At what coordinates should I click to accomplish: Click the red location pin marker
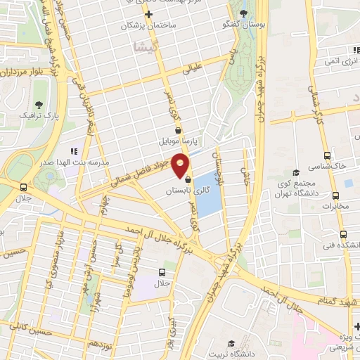pos(181,165)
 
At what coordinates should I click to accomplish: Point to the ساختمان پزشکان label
pos(148,25)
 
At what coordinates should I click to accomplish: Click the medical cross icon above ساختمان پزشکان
pos(148,14)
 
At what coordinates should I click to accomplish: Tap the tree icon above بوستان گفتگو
pos(243,14)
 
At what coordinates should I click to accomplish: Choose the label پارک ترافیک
pos(37,114)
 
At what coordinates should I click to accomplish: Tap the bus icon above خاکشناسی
pos(326,155)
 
